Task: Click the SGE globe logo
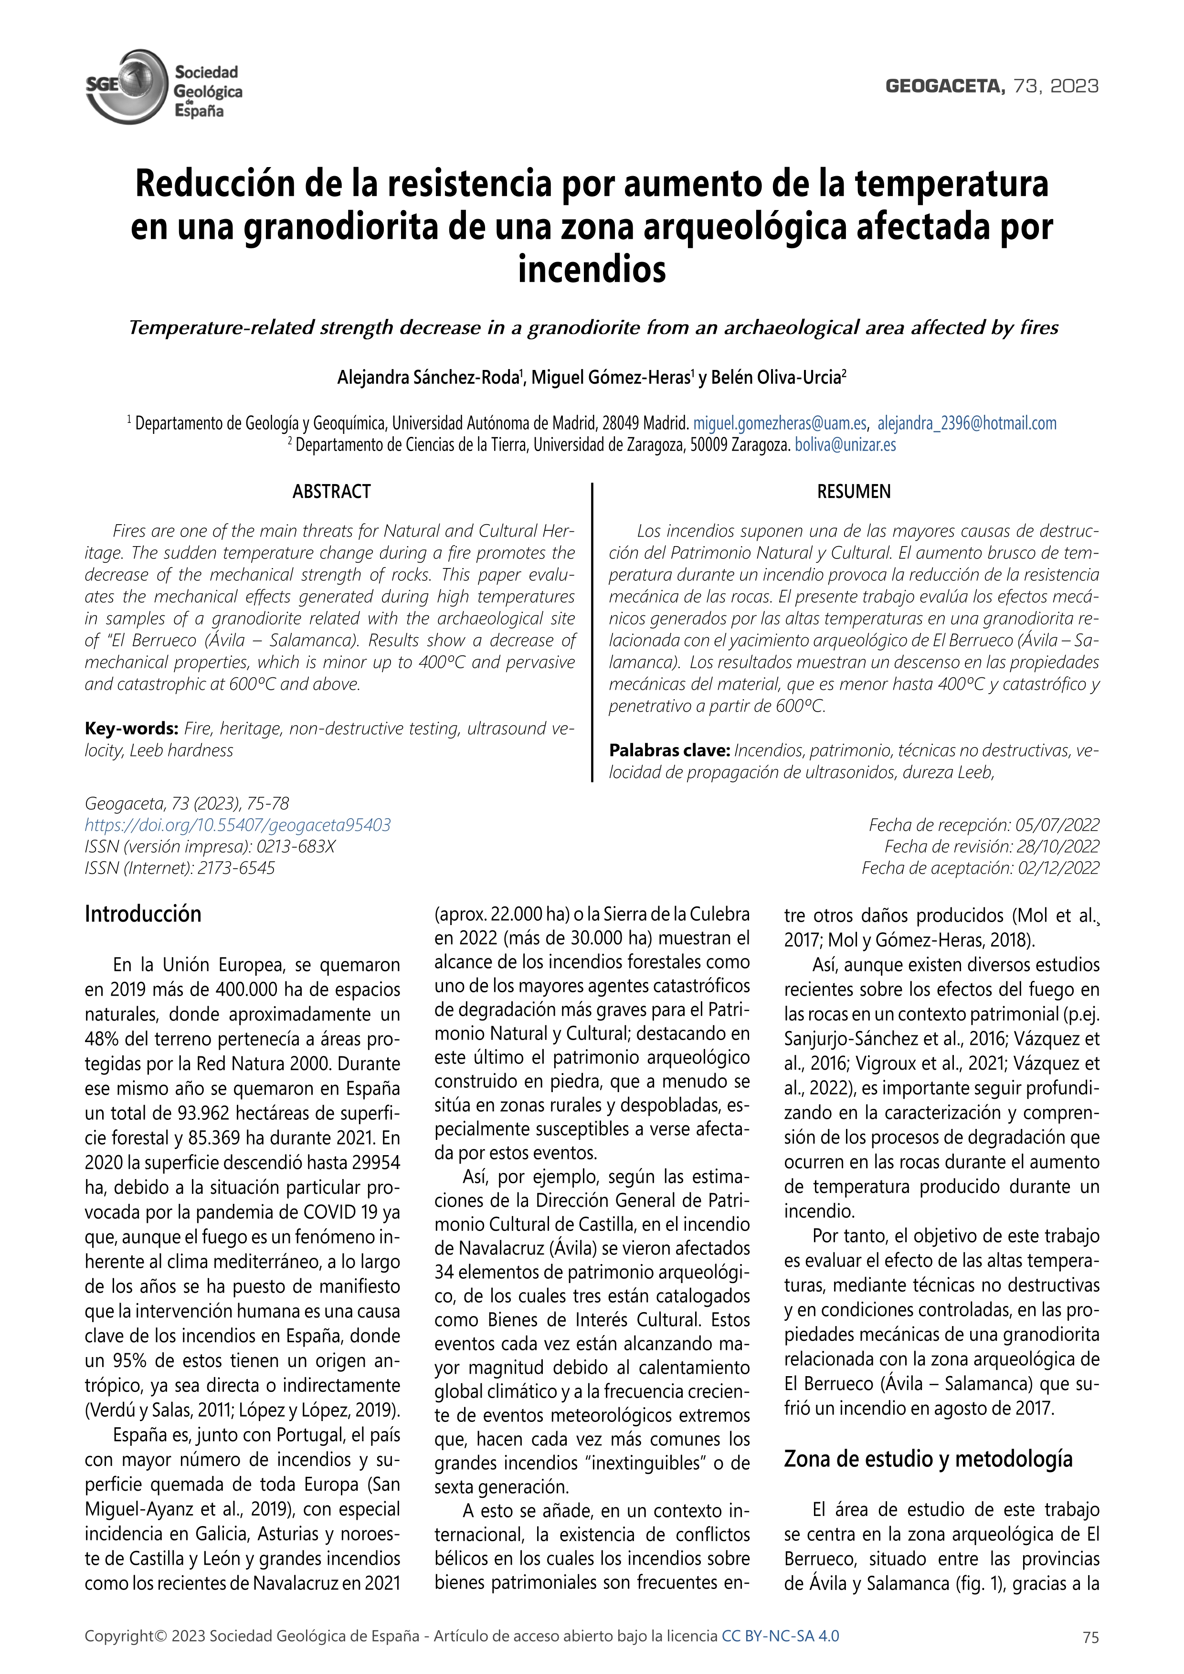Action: [126, 86]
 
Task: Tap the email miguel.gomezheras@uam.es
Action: [779, 423]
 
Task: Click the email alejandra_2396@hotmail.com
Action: [967, 423]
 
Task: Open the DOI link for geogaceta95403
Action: [238, 825]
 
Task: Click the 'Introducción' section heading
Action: [143, 914]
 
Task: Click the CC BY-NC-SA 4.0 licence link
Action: [780, 1635]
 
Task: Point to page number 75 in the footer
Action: [1091, 1637]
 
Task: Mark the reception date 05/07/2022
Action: [1057, 825]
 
